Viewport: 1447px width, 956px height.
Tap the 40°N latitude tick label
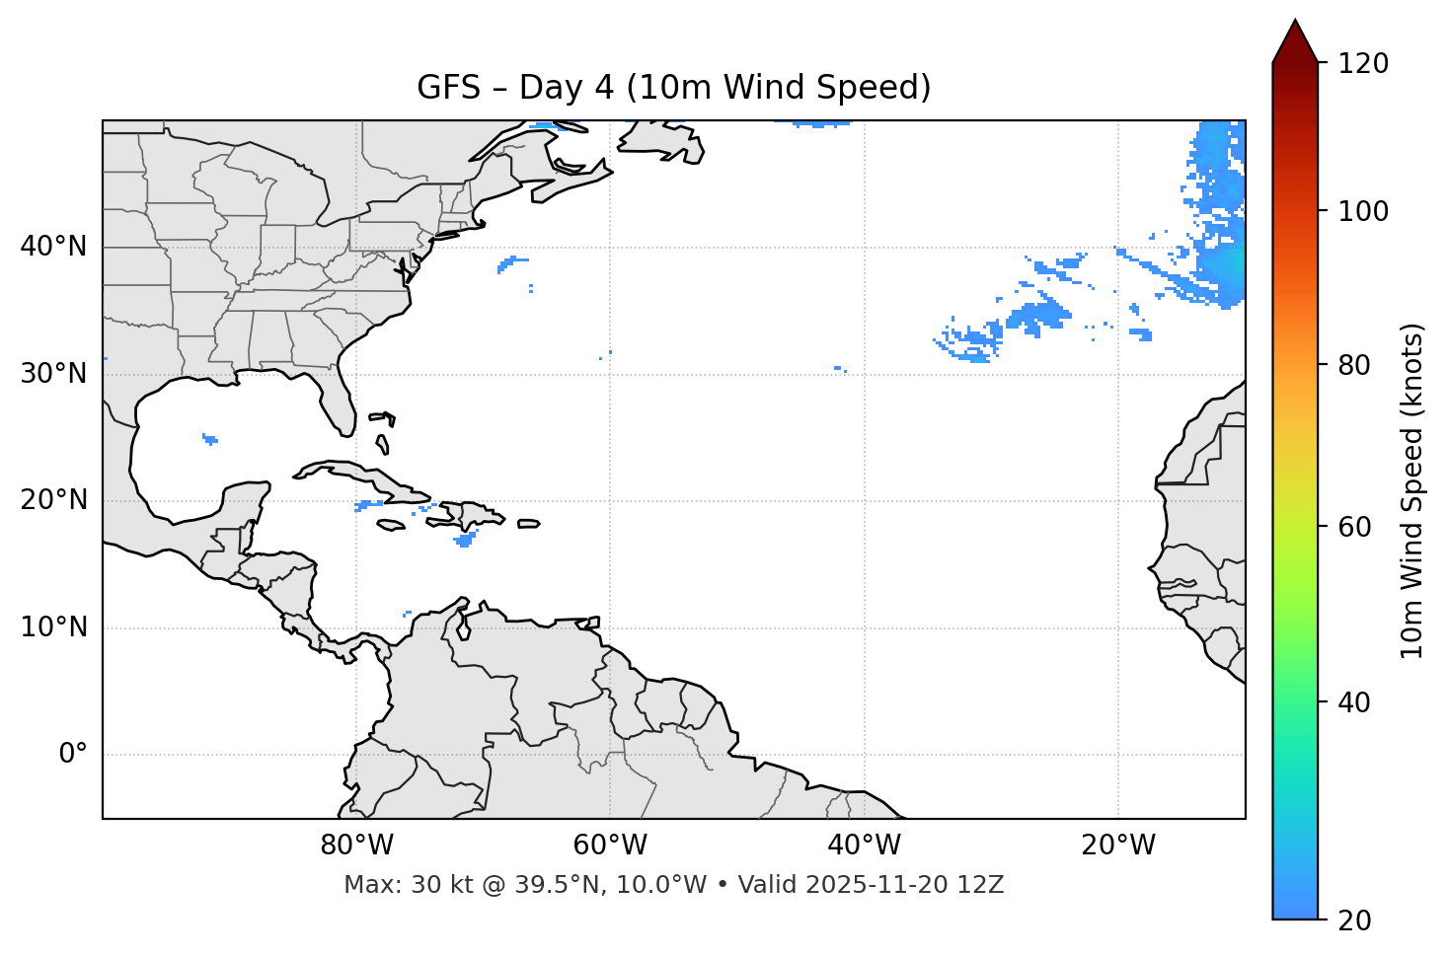[x=53, y=247]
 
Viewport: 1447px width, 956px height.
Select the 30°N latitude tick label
[x=53, y=374]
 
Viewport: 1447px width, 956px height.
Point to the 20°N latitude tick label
[x=53, y=500]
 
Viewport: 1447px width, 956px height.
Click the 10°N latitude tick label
[x=53, y=627]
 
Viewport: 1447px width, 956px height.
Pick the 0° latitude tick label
[x=73, y=755]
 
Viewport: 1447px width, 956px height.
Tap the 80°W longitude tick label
[x=356, y=846]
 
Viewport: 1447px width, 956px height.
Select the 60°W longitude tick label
[x=610, y=846]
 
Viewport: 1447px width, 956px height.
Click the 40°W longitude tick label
[x=864, y=846]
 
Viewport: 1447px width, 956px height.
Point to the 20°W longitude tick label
[x=1117, y=846]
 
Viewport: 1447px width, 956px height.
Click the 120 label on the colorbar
[x=1363, y=64]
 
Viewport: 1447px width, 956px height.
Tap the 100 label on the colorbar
[x=1363, y=211]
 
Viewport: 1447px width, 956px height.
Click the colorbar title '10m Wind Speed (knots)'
[x=1412, y=490]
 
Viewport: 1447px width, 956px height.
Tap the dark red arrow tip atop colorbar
[x=1295, y=39]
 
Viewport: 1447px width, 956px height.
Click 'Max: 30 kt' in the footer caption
[x=390, y=885]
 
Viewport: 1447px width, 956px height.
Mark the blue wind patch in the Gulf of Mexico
[x=209, y=439]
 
